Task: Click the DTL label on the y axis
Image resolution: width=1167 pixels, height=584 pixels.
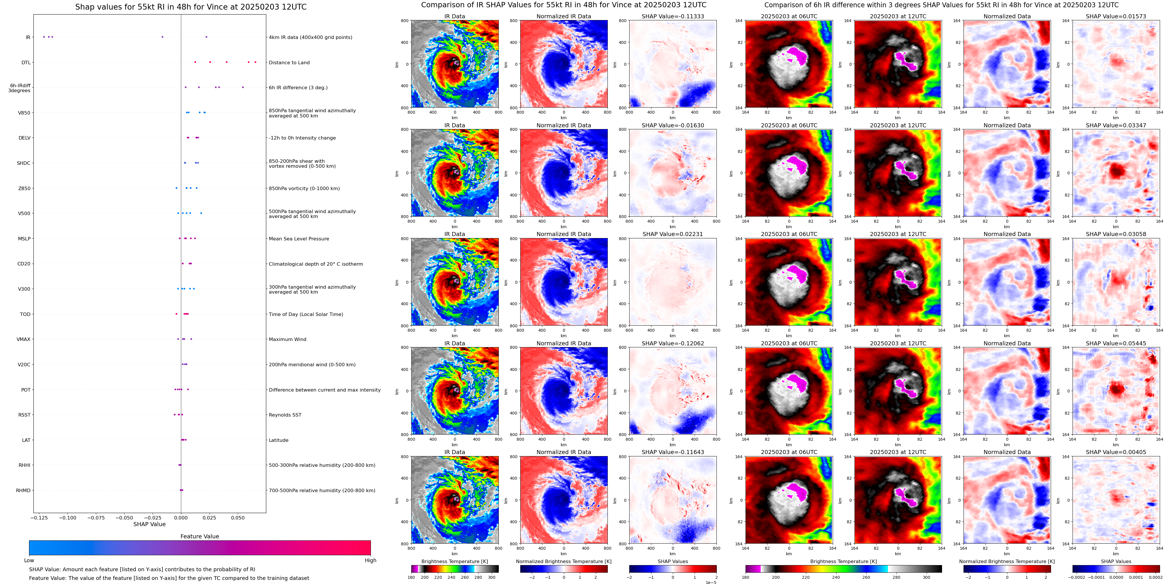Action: [26, 62]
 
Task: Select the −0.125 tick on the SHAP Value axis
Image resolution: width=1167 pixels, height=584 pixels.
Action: [40, 517]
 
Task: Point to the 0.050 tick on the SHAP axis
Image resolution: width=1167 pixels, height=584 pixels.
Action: [237, 517]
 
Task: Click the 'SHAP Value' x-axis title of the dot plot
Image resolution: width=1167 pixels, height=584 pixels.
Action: [149, 524]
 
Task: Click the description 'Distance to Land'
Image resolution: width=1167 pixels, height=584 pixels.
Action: [289, 62]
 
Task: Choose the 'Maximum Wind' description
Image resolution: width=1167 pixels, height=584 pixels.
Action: [287, 339]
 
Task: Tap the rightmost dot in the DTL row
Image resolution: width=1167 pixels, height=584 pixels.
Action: [255, 62]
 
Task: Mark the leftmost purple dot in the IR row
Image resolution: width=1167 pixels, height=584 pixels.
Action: [44, 37]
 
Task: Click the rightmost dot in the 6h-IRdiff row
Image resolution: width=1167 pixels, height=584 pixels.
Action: [243, 87]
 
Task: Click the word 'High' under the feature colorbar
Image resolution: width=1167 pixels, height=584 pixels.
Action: [370, 560]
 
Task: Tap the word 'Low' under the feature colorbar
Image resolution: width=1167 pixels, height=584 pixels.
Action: [29, 560]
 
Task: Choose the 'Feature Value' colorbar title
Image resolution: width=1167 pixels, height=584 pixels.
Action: [199, 536]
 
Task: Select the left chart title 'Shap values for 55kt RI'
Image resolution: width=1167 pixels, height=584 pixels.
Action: [191, 7]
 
